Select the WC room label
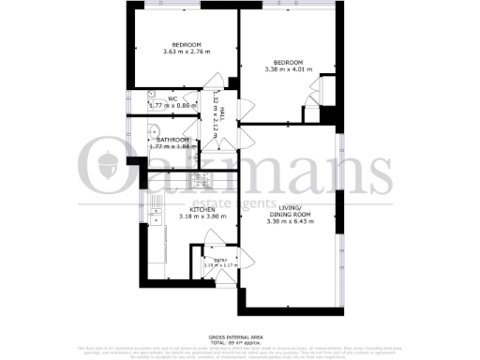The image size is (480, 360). tap(172, 99)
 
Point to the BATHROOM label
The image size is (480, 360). tap(173, 141)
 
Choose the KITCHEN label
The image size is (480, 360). tap(177, 209)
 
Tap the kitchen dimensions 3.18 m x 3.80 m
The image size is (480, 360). tap(177, 217)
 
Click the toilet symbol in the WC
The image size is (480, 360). tap(151, 96)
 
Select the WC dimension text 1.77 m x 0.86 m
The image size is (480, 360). tap(173, 106)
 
